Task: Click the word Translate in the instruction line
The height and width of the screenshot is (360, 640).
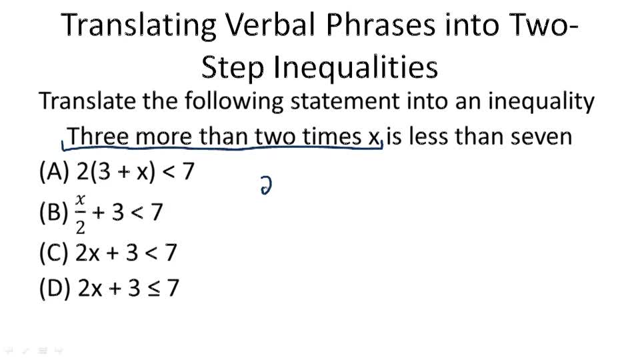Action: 88,102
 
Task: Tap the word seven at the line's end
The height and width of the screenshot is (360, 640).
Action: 541,137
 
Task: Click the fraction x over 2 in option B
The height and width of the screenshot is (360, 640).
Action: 81,214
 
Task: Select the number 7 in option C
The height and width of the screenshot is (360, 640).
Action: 170,253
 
